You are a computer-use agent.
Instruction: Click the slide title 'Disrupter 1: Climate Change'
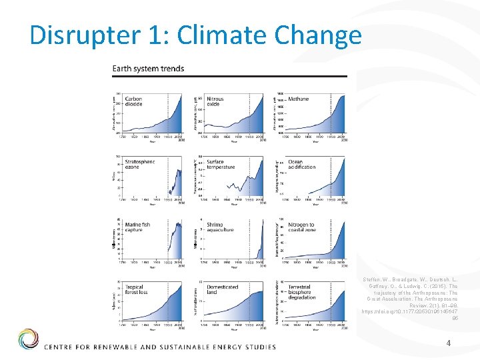195,35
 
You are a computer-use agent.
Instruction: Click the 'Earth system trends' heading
148,69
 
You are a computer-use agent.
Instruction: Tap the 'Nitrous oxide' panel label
216,101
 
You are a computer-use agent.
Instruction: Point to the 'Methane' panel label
299,99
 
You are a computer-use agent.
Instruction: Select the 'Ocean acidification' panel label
301,164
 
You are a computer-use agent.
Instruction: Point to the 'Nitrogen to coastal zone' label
302,227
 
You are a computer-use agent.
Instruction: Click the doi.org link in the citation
409,312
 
